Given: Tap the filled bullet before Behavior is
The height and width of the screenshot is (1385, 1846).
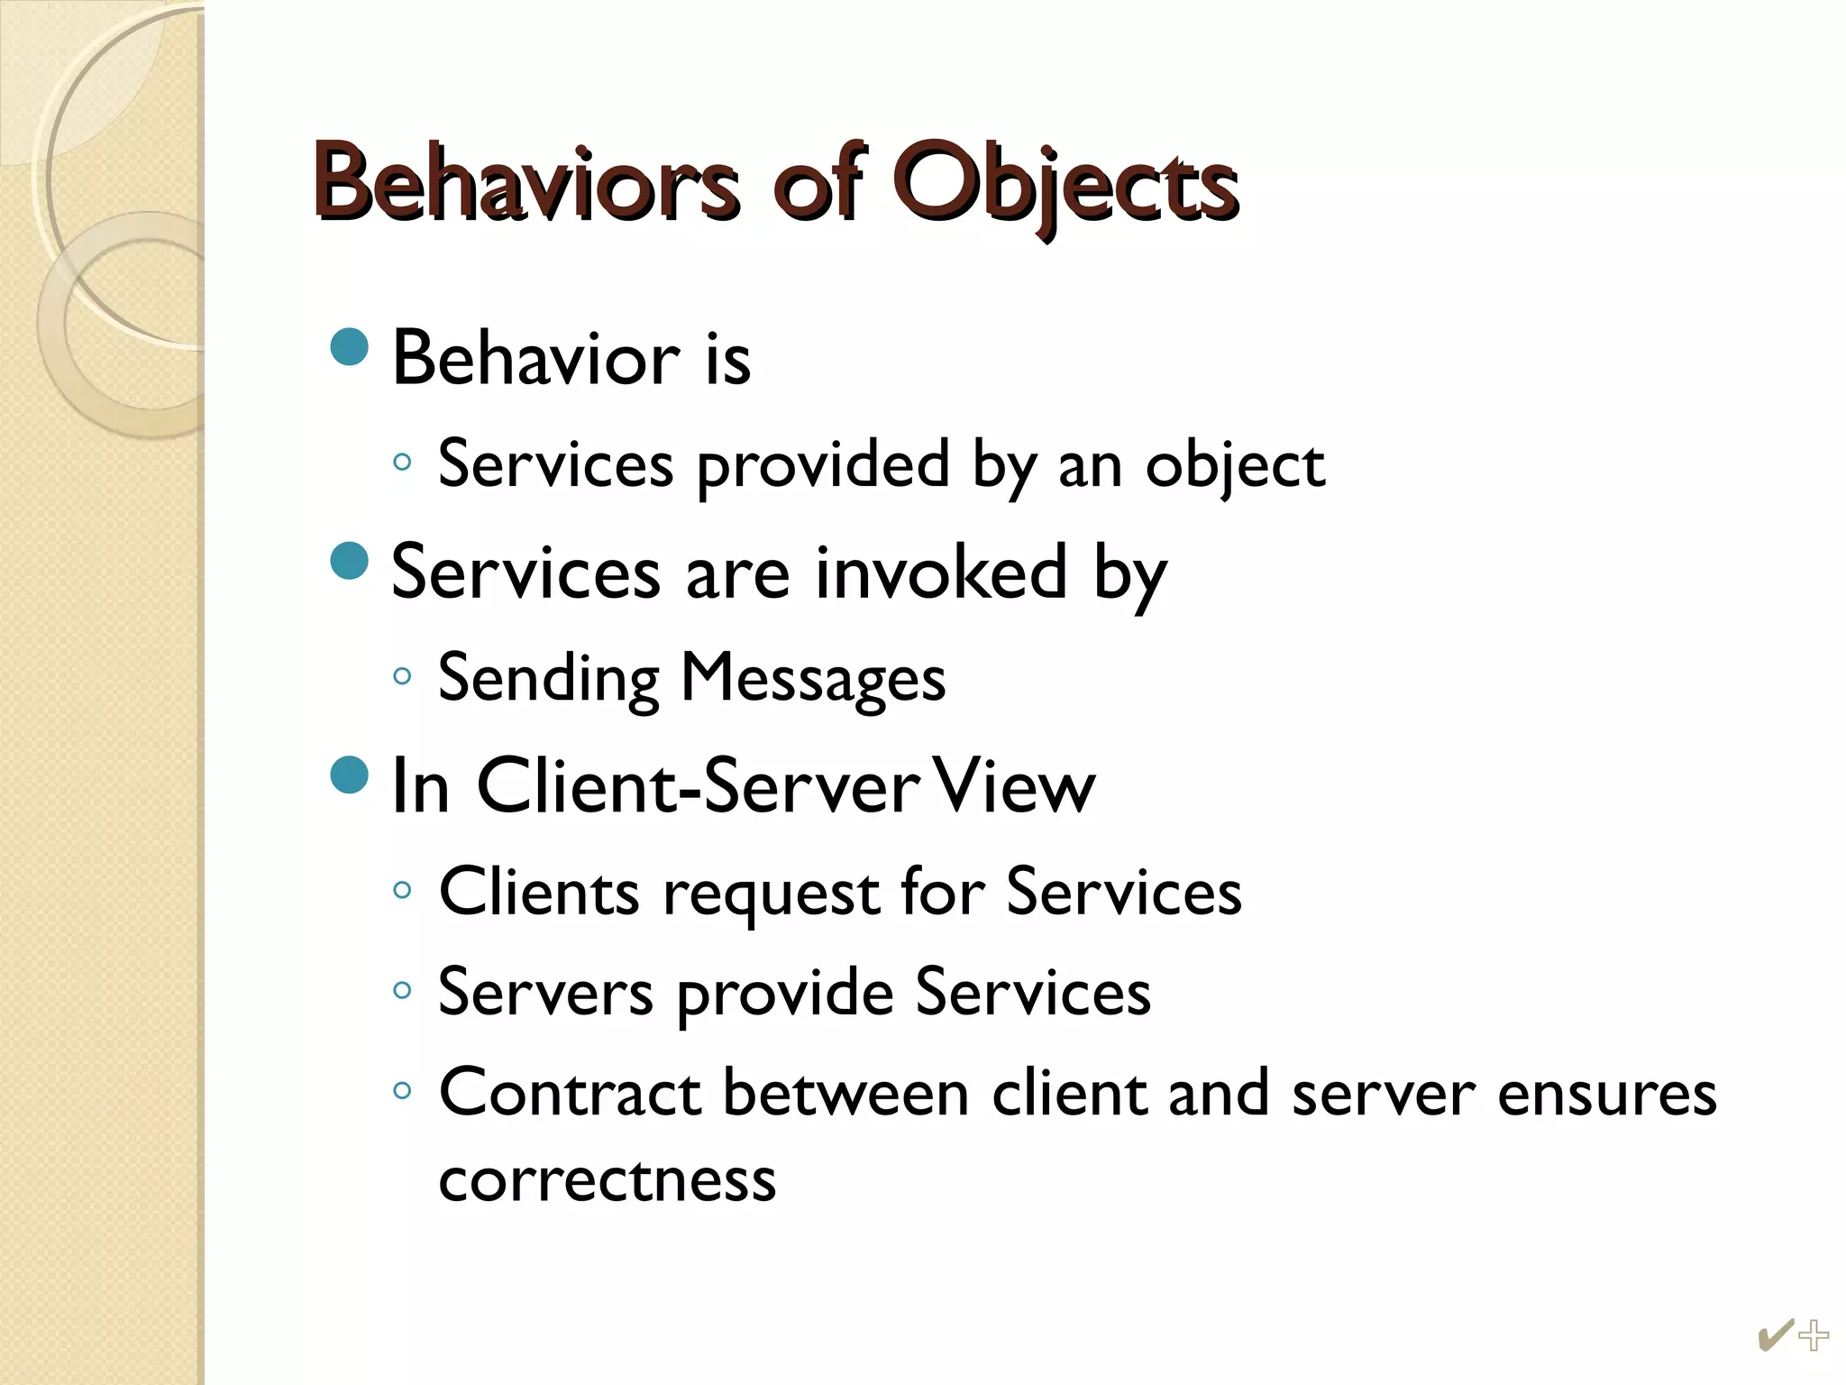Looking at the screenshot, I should (350, 347).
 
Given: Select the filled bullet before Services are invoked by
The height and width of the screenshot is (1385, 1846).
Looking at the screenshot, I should (350, 561).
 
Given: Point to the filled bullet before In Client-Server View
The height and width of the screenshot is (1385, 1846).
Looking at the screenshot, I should (350, 775).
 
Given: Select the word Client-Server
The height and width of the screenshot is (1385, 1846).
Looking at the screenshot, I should (699, 787).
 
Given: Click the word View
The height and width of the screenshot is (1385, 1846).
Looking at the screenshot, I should (1014, 787).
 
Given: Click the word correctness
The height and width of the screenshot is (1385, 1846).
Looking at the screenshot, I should (608, 1179).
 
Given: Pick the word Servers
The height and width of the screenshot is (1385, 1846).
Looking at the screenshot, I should (545, 993).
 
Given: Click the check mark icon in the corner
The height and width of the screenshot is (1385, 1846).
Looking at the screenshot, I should (1774, 1335).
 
